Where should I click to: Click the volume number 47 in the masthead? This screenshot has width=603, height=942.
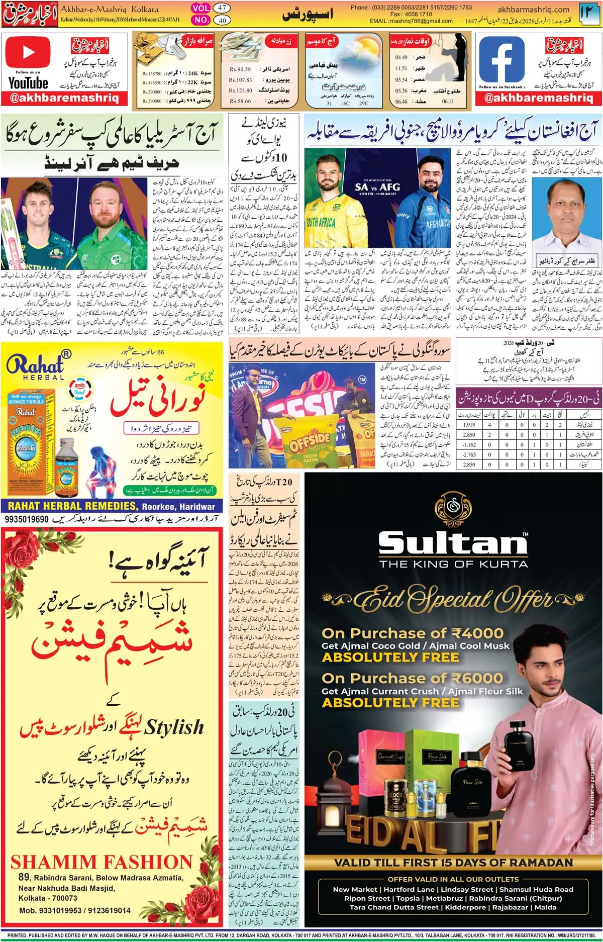pyautogui.click(x=222, y=8)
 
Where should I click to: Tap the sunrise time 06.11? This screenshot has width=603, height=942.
pyautogui.click(x=448, y=101)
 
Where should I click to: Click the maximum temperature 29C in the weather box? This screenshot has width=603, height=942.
pyautogui.click(x=363, y=103)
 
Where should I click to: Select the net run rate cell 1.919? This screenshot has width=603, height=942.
pyautogui.click(x=469, y=425)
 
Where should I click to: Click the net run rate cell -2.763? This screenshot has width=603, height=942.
pyautogui.click(x=469, y=454)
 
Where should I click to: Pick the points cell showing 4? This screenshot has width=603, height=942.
pyautogui.click(x=489, y=425)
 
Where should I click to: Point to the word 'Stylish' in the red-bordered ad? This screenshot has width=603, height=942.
pyautogui.click(x=174, y=727)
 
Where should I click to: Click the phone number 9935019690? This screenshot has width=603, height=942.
pyautogui.click(x=27, y=519)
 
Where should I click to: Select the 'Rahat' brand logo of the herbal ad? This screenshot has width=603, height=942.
pyautogui.click(x=35, y=365)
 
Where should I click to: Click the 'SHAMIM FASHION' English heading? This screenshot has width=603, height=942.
pyautogui.click(x=101, y=862)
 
